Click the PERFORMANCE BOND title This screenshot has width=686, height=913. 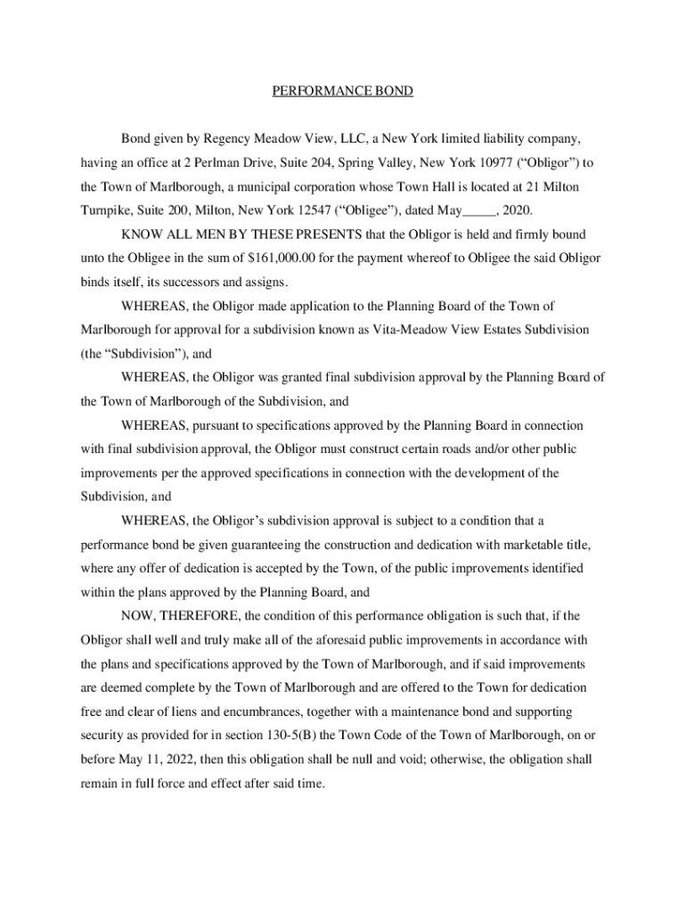click(x=342, y=92)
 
